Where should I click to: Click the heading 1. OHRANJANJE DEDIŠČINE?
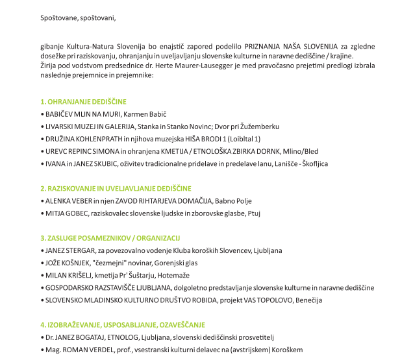click(83, 102)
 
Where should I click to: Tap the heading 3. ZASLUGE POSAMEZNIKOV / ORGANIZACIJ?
click(110, 238)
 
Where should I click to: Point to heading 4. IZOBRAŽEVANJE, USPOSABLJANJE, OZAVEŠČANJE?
click(122, 324)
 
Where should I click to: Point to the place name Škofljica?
click(315, 163)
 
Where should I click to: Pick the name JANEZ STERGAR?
click(69, 250)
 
